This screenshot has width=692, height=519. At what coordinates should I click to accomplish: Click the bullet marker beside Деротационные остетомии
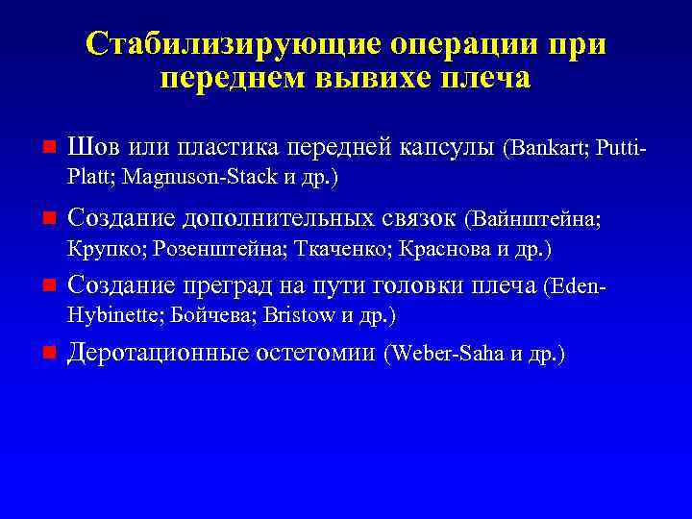[48, 354]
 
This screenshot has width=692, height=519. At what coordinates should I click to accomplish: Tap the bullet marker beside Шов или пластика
[48, 148]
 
